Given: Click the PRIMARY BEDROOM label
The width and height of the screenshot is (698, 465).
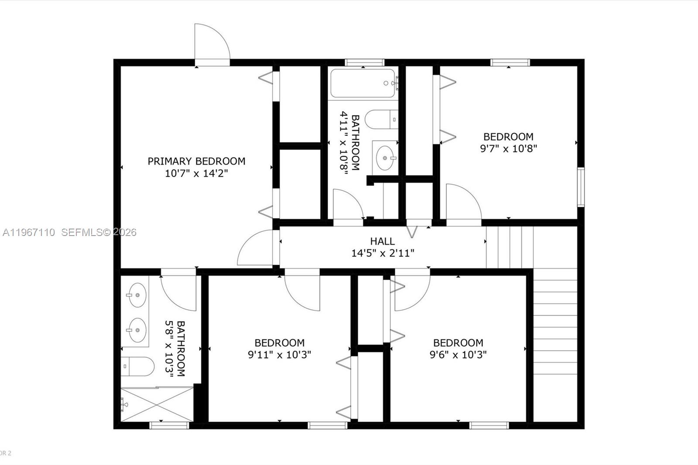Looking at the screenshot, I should [x=196, y=161].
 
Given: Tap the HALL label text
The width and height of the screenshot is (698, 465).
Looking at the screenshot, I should [x=383, y=241].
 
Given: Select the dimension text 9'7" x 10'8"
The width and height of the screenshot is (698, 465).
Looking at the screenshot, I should [x=508, y=148].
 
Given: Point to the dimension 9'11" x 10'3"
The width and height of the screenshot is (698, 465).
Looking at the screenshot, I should [x=279, y=355].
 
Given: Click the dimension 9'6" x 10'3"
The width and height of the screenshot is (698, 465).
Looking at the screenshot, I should [x=458, y=355].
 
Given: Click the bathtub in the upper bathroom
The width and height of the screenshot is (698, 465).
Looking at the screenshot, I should [x=363, y=83].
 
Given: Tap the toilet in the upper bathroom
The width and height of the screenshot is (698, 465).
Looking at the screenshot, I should [x=380, y=119].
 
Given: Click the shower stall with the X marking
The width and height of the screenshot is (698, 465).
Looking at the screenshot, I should [x=157, y=404].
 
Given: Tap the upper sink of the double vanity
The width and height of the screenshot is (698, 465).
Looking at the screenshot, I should [x=137, y=295].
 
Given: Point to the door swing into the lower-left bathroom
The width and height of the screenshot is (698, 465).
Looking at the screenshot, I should [x=178, y=291].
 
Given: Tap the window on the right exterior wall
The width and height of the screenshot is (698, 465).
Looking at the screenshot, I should [x=581, y=187].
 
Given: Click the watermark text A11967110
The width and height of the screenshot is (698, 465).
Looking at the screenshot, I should [x=29, y=232].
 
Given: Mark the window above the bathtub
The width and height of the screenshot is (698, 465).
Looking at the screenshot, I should [x=364, y=62].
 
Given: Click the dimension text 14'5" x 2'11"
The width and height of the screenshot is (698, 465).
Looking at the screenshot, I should [x=383, y=253].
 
